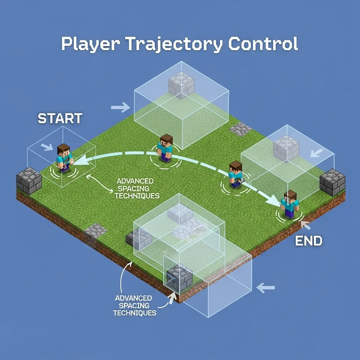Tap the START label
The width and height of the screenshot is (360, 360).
[60, 118]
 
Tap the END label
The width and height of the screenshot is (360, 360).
[308, 241]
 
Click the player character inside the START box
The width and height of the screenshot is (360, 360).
[64, 157]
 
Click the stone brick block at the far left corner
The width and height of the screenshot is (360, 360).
[29, 181]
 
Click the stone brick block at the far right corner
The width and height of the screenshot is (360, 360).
[332, 182]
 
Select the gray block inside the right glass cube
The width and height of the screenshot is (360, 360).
[286, 148]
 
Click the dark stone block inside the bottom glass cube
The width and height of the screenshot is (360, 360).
[179, 277]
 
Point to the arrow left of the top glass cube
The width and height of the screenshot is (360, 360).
[121, 108]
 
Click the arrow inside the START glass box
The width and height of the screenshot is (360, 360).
[46, 147]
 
